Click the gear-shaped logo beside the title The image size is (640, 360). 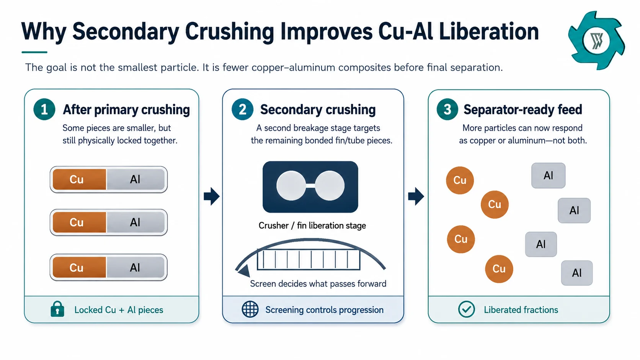tap(596, 41)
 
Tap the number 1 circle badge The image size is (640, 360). tap(44, 109)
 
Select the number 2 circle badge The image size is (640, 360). tap(242, 109)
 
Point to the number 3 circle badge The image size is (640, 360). tap(447, 109)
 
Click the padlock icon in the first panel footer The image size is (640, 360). tap(57, 309)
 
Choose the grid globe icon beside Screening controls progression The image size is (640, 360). tap(250, 309)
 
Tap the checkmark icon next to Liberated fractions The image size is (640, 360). tap(466, 309)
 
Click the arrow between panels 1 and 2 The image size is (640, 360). tap(212, 196)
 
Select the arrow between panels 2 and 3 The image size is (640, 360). tap(416, 196)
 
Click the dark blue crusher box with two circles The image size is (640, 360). tap(310, 187)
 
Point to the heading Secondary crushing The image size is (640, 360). tap(318, 110)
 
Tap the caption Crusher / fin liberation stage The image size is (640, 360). tap(312, 226)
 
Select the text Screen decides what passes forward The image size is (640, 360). tap(318, 283)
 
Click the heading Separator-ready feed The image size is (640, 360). tap(522, 110)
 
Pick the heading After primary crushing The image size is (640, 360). tap(126, 110)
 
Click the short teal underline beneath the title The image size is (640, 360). tap(34, 52)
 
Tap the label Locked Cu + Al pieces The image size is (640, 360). tap(119, 310)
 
